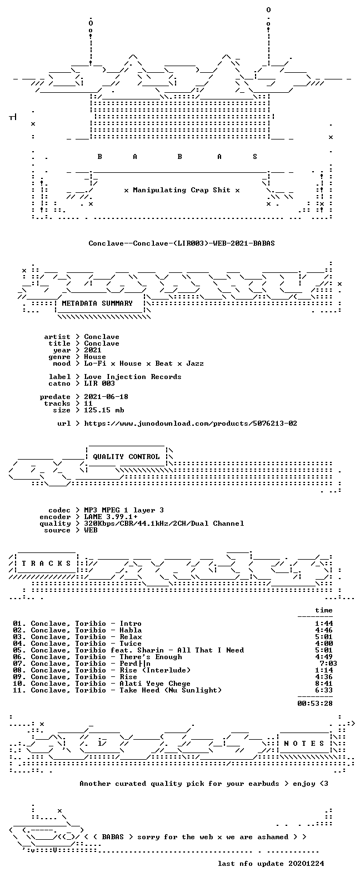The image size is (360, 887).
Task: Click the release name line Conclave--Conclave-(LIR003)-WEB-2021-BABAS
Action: click(x=181, y=243)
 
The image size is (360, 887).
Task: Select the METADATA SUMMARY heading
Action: click(x=97, y=303)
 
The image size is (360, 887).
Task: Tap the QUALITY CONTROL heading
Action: click(x=126, y=457)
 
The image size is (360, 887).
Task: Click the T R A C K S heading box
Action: click(x=46, y=563)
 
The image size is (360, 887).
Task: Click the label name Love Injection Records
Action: click(x=133, y=377)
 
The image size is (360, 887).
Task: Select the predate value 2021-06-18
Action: click(x=106, y=396)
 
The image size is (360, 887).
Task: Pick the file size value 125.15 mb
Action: click(x=104, y=410)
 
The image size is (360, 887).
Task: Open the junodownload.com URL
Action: click(x=191, y=423)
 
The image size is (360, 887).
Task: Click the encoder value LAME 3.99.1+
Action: click(x=111, y=517)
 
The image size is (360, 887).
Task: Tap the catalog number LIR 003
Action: click(x=99, y=383)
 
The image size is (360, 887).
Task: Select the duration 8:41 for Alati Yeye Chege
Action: click(x=324, y=683)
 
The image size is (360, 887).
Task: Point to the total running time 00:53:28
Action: click(x=315, y=703)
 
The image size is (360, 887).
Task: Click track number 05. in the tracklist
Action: click(x=19, y=650)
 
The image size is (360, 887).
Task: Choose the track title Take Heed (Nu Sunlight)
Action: click(x=171, y=690)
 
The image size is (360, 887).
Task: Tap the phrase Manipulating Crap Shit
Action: click(x=181, y=190)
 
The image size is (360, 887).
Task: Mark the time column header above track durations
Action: click(x=324, y=610)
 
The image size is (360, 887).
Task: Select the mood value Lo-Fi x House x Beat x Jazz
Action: click(x=144, y=363)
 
